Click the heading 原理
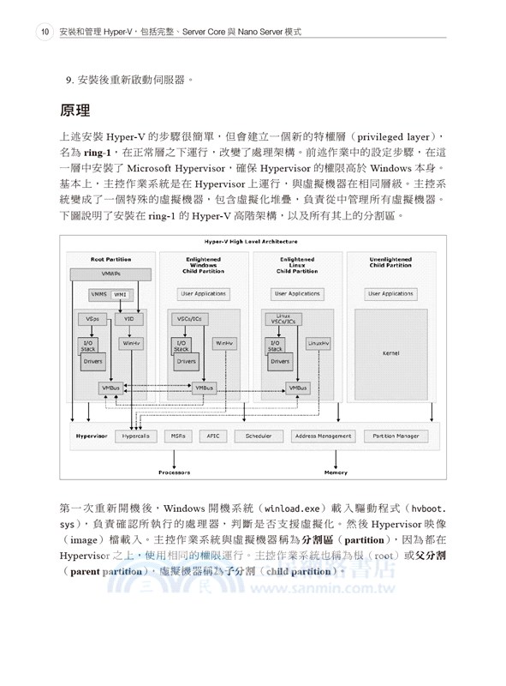[x=81, y=111]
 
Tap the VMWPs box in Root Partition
[x=111, y=274]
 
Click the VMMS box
[x=99, y=294]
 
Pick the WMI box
[x=120, y=294]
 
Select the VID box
[x=129, y=319]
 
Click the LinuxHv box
[x=318, y=343]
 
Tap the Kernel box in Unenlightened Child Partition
[x=391, y=352]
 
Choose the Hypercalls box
[x=136, y=436]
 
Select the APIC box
[x=213, y=436]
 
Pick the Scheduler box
[x=258, y=436]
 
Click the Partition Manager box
[x=396, y=436]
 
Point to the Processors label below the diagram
[x=174, y=472]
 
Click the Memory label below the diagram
[x=336, y=472]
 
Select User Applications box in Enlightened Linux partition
[x=297, y=293]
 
